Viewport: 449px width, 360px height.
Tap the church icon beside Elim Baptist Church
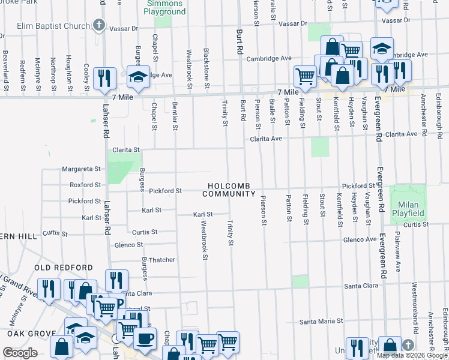point(100,26)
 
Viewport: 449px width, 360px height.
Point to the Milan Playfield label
point(408,209)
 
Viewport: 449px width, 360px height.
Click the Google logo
point(20,353)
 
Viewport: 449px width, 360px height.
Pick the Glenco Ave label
point(360,239)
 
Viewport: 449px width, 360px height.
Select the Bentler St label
point(175,115)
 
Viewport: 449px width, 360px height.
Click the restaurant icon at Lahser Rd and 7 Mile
point(105,77)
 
